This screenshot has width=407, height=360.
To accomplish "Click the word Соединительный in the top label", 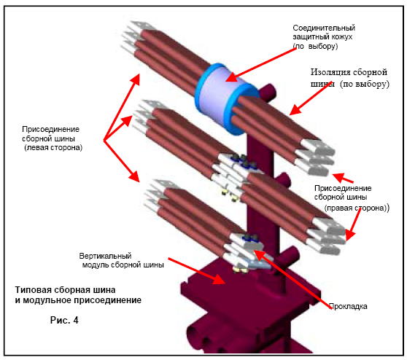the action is tap(324, 28).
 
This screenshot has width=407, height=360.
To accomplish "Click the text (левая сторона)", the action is tap(53, 148).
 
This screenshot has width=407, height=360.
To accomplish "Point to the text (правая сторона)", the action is tap(356, 208).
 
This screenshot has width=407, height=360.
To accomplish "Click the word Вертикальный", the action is tap(105, 256).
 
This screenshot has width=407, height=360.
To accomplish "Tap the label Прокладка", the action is tap(348, 306).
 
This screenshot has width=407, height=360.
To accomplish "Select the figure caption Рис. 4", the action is tap(64, 320).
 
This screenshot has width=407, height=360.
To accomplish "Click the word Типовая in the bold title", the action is tap(31, 290).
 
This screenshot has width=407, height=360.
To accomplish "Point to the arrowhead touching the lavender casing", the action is tap(231, 77).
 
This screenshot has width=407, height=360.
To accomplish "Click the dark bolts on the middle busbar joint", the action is tap(243, 161).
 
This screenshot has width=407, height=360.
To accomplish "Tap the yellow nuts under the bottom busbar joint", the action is tap(241, 270).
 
